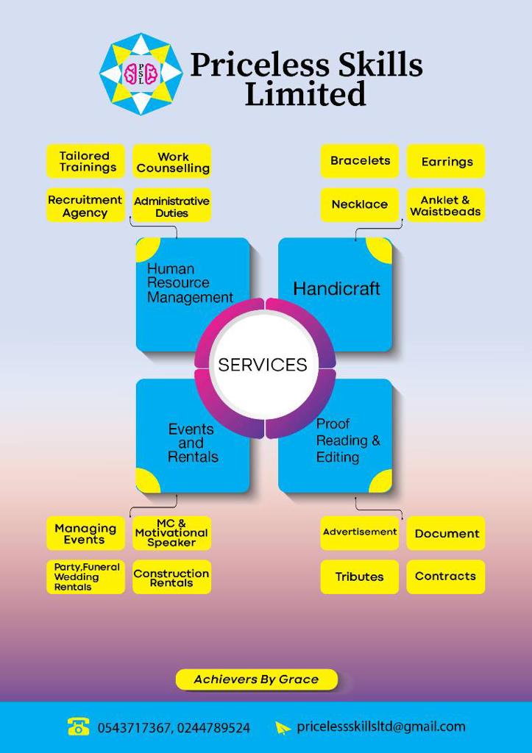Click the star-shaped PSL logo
(140, 74)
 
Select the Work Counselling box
(172, 162)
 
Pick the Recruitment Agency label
(85, 206)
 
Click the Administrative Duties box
(172, 206)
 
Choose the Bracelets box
(360, 161)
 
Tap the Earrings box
(446, 162)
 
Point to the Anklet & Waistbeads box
(446, 206)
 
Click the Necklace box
(360, 205)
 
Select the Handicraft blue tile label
(336, 288)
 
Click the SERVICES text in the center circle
(263, 364)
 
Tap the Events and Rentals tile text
(192, 443)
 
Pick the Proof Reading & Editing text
(347, 440)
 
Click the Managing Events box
(85, 534)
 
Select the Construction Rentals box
(172, 578)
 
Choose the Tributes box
(360, 577)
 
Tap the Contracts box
(446, 577)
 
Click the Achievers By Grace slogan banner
(257, 679)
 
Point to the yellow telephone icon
(78, 727)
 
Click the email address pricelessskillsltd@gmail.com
(381, 727)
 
